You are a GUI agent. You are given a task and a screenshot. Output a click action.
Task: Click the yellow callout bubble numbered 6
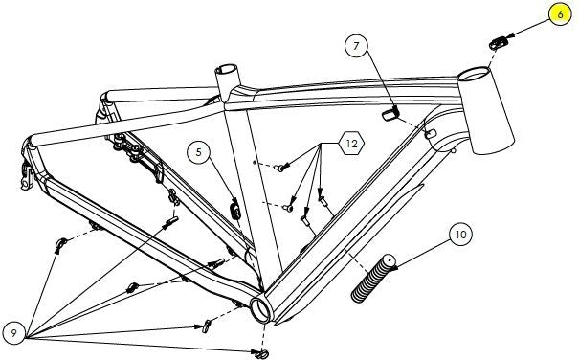tap(560, 14)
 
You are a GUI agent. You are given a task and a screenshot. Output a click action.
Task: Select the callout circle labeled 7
tap(356, 45)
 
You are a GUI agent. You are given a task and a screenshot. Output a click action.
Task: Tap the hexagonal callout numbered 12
tap(351, 143)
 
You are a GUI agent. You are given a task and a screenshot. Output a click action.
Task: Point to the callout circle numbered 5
tap(199, 152)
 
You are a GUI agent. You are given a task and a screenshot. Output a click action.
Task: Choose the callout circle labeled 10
tap(460, 235)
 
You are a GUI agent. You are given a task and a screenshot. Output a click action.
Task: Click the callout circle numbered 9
tap(14, 333)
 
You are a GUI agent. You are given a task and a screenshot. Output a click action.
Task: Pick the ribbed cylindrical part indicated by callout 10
tap(372, 279)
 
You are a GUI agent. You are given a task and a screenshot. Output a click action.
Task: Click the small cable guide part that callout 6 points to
tap(499, 43)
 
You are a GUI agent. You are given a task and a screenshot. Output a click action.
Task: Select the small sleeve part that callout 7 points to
tap(390, 114)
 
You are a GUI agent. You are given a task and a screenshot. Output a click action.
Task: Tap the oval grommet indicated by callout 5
tap(235, 211)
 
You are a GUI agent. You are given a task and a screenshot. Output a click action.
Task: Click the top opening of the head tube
tap(474, 74)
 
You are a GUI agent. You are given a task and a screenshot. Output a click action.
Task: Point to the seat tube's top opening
tap(227, 69)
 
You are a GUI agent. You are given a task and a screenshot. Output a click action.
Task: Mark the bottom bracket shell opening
tap(261, 309)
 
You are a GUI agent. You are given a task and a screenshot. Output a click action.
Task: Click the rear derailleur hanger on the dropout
tap(27, 175)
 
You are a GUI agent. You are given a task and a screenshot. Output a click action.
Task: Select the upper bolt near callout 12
tap(279, 168)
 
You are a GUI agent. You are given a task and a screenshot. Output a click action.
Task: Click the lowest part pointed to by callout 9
tap(261, 354)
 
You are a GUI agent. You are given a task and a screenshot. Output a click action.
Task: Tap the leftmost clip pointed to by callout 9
tap(60, 244)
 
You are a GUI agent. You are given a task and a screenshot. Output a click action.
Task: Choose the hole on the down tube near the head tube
tap(431, 134)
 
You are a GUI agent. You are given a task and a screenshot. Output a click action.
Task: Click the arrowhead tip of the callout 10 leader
tap(390, 269)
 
